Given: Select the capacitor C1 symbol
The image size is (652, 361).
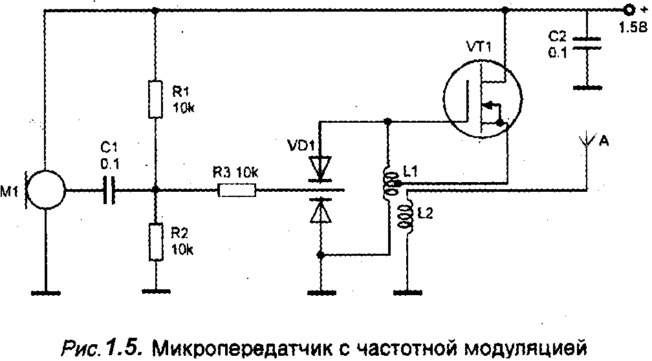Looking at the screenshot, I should click(109, 190).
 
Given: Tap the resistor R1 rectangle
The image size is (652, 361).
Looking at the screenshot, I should click(155, 99).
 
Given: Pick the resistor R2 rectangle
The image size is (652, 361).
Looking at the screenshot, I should click(155, 242).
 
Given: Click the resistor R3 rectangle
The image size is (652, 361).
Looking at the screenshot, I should click(238, 190).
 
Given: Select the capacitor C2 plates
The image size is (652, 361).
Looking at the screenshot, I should click(586, 41).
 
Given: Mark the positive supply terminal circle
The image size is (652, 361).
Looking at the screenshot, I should click(627, 10).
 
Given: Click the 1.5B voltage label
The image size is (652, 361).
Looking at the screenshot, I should click(631, 28).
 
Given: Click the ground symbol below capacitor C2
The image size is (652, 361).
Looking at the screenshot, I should click(586, 85).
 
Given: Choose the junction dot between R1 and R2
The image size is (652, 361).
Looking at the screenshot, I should click(155, 190).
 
